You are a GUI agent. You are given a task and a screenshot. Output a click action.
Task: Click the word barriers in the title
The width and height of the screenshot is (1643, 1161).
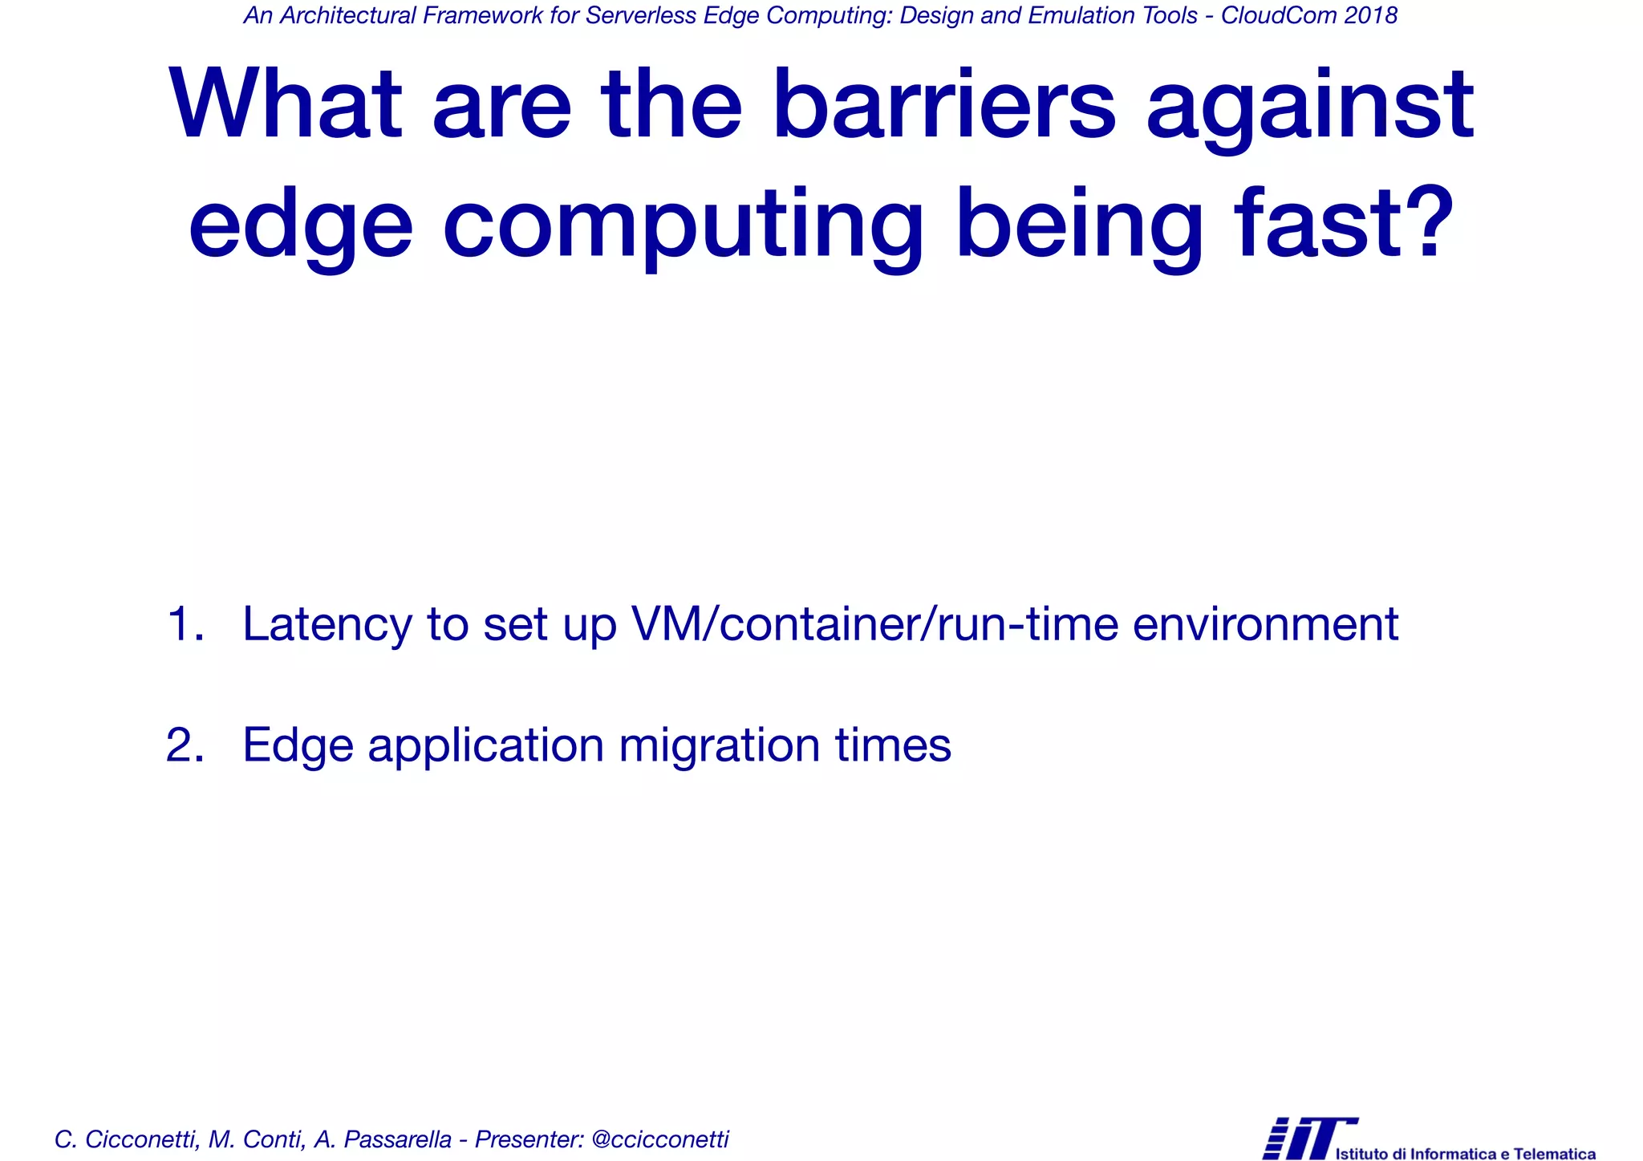943,104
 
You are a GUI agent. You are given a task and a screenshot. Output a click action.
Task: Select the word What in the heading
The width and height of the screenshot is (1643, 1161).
285,104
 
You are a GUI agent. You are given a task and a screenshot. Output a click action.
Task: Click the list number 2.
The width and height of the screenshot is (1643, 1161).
184,745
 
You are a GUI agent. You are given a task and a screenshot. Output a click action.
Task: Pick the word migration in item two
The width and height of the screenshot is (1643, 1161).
720,746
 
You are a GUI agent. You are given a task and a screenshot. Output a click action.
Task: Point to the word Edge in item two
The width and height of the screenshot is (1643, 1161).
298,746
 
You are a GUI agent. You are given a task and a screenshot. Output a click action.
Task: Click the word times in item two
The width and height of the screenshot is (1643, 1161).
893,745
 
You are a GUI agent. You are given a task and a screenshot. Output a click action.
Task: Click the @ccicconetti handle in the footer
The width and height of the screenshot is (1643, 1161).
659,1139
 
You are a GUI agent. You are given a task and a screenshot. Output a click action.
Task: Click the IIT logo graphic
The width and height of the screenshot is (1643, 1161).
1308,1137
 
